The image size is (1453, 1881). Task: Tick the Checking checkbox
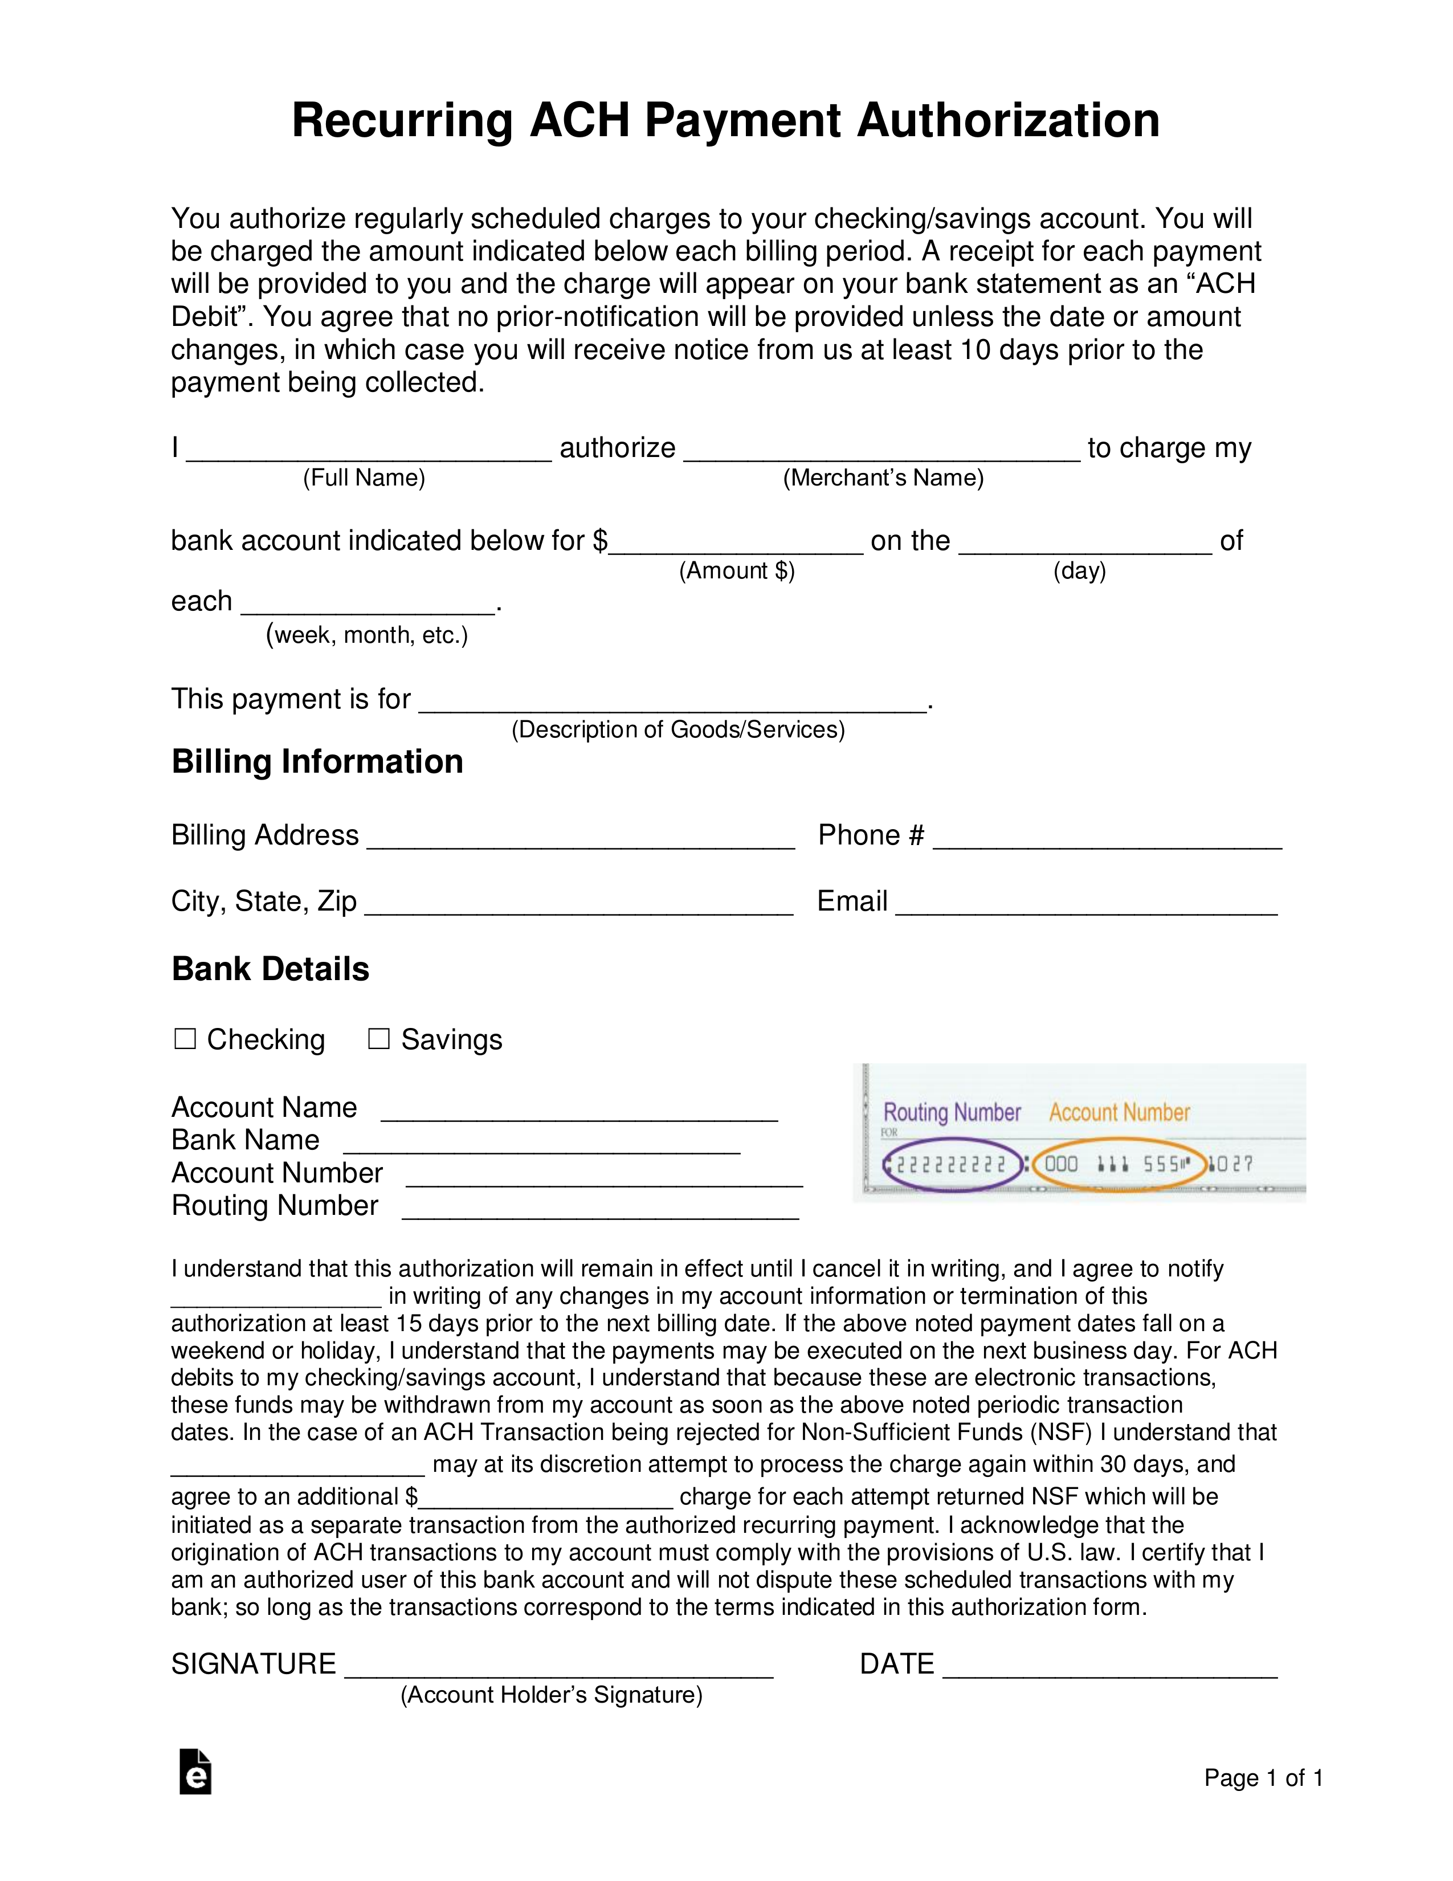pyautogui.click(x=185, y=1039)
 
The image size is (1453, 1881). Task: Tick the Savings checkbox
pyautogui.click(x=379, y=1039)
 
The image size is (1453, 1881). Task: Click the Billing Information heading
pyautogui.click(x=317, y=761)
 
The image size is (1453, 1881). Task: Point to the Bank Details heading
pyautogui.click(x=271, y=969)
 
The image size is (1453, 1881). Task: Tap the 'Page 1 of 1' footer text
pyautogui.click(x=1263, y=1778)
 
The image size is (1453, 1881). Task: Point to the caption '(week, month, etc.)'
pyautogui.click(x=367, y=635)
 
